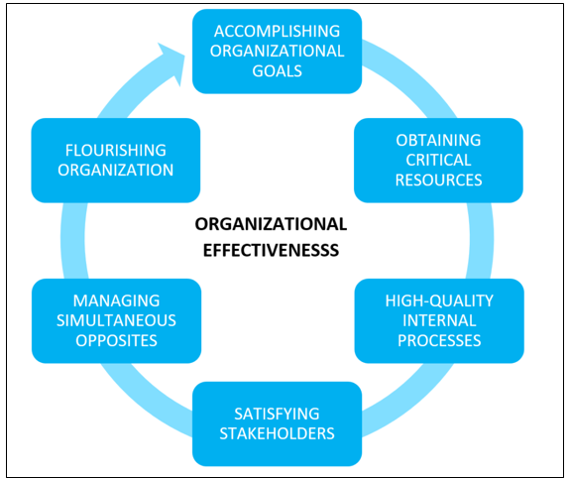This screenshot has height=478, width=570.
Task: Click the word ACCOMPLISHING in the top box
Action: [277, 32]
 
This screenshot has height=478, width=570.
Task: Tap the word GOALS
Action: [277, 71]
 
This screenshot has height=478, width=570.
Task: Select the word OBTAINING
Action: [438, 141]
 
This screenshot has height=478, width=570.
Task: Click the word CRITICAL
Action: [438, 160]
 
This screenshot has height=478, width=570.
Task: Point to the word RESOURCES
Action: [438, 180]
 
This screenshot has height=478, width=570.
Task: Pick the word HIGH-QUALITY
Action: [439, 300]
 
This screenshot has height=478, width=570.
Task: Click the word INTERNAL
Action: [439, 321]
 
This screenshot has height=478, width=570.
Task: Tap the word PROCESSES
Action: [439, 341]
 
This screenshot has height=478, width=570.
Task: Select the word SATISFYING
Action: [277, 414]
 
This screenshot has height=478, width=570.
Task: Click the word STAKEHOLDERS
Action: [277, 433]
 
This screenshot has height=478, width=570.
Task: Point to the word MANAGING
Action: [116, 300]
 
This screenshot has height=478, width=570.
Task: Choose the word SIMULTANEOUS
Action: [116, 321]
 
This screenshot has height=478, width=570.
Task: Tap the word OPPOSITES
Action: [116, 341]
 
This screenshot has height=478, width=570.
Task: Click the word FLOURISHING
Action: [116, 151]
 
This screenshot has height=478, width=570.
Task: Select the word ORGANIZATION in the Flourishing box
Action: [116, 171]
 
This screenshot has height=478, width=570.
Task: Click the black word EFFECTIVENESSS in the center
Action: [271, 250]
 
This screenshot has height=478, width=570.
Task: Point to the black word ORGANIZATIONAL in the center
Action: [271, 224]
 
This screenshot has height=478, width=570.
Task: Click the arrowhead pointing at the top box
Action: [171, 61]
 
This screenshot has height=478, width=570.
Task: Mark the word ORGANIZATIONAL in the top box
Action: [277, 51]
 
